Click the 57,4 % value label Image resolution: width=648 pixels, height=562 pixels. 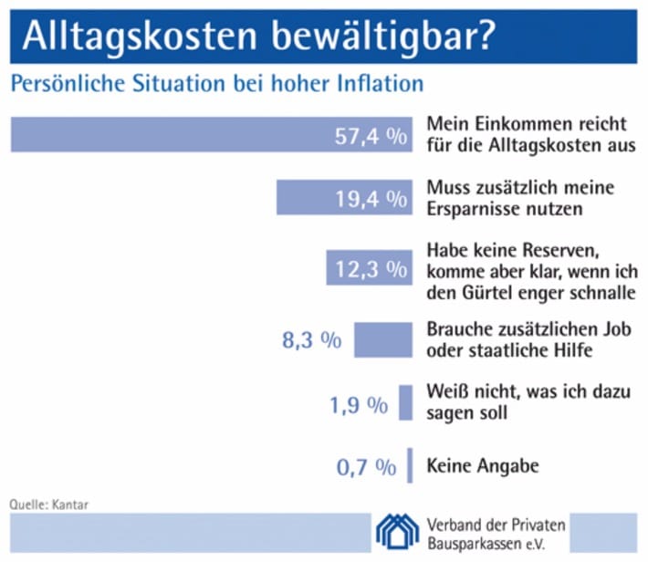click(371, 137)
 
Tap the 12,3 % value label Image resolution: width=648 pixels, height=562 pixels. click(371, 268)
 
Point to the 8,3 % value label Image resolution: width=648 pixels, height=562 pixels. click(313, 341)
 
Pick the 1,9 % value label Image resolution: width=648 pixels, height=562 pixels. click(358, 404)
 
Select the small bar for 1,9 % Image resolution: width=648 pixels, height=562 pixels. click(405, 402)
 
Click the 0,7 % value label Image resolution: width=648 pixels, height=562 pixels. click(366, 468)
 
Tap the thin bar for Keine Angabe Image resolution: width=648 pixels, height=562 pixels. click(410, 464)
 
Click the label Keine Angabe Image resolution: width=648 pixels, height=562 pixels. click(483, 466)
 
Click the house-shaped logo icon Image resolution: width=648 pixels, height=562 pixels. click(399, 534)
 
